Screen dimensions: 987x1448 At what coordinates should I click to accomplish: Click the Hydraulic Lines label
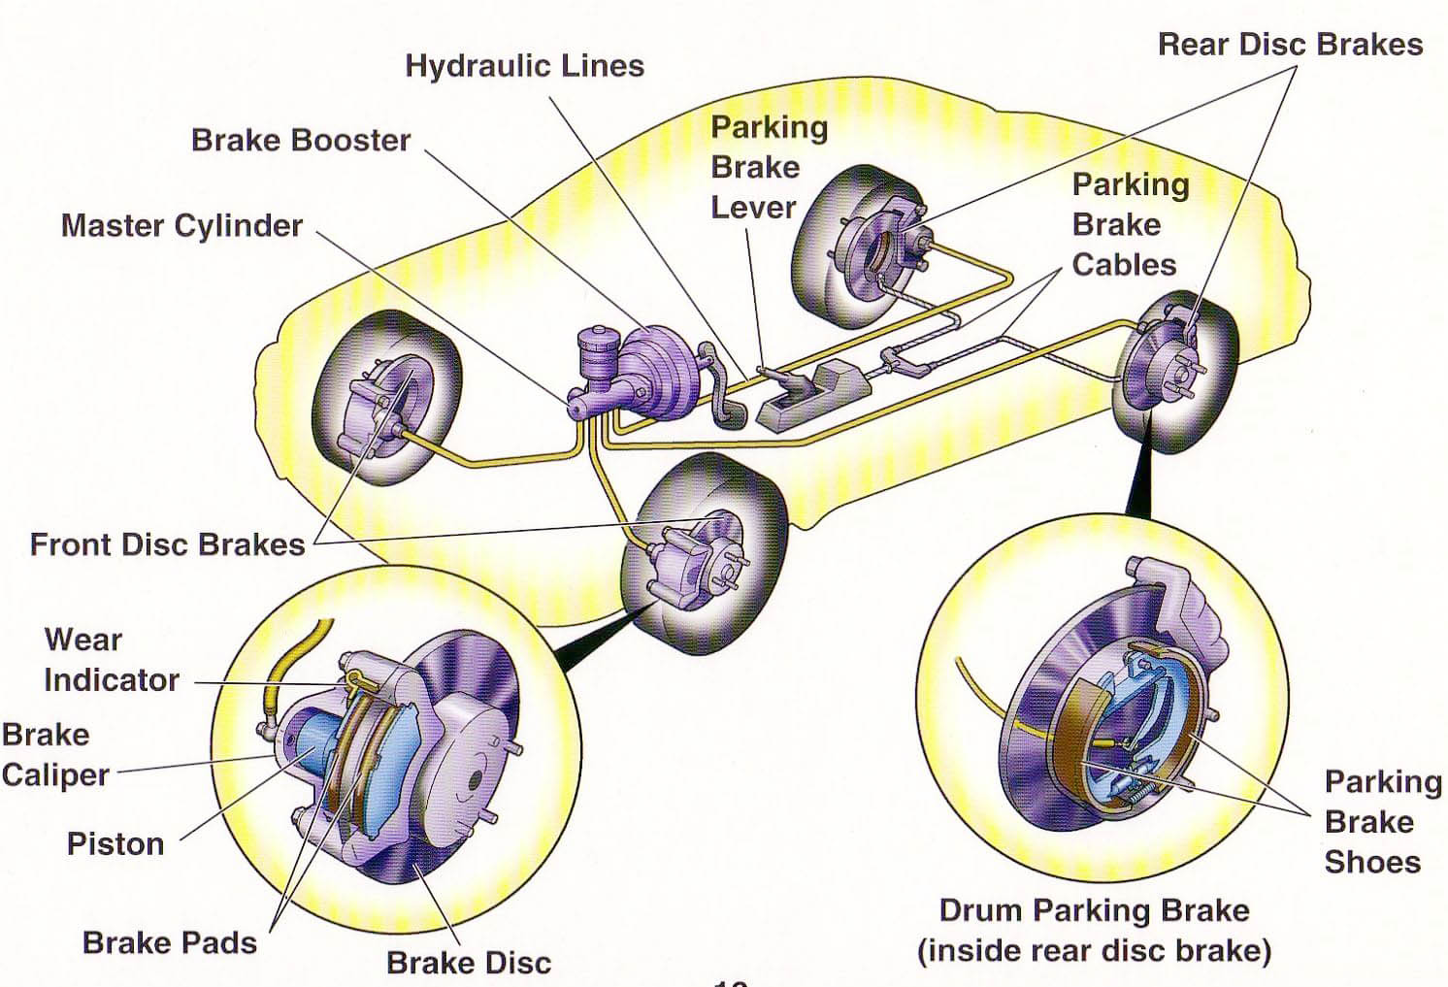[524, 66]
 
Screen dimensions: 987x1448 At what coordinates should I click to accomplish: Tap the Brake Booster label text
[301, 140]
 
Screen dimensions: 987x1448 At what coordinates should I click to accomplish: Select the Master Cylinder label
[181, 225]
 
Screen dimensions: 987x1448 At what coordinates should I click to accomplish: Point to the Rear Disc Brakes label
[1290, 45]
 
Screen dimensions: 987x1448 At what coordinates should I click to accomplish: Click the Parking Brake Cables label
[1130, 224]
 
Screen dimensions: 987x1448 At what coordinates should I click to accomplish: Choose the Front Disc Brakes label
[167, 543]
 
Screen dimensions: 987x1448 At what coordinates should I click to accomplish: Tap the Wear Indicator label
[111, 660]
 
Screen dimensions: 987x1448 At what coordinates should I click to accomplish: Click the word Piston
[115, 843]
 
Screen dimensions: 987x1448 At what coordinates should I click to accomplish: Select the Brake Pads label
[170, 942]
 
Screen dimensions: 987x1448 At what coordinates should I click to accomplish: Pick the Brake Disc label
[469, 962]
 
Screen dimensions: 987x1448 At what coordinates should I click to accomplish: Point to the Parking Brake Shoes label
[1381, 821]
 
